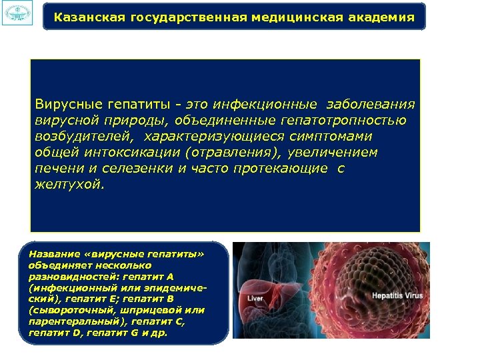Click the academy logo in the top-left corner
click(17, 14)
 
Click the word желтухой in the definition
click(69, 185)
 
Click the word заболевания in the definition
click(370, 104)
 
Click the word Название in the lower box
click(51, 254)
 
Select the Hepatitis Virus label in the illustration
click(397, 293)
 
